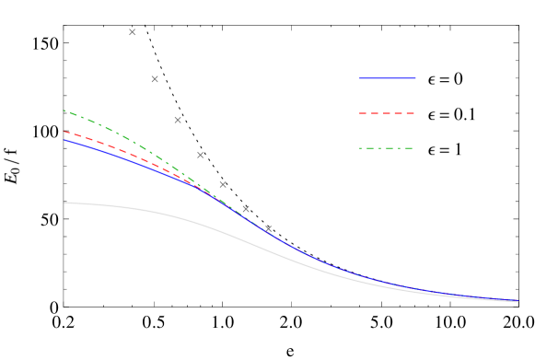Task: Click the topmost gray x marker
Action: point(132,32)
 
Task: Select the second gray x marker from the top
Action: point(155,79)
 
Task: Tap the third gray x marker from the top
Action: point(178,120)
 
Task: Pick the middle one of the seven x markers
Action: point(200,155)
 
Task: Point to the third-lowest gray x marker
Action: point(223,184)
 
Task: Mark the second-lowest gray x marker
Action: point(246,209)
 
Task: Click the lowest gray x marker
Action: point(268,228)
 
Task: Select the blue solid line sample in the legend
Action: point(387,78)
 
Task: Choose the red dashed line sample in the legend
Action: point(387,113)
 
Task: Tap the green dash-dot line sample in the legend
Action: point(387,148)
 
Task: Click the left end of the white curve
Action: point(64,203)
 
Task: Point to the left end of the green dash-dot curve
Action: point(64,110)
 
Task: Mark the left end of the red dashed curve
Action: point(64,132)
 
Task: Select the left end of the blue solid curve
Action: point(64,140)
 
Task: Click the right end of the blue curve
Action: point(518,301)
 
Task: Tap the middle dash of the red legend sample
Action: point(387,113)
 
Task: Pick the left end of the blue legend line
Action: point(359,78)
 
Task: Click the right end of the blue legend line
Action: point(415,78)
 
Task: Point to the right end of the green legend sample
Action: point(413,148)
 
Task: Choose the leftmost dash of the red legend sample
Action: point(363,113)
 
